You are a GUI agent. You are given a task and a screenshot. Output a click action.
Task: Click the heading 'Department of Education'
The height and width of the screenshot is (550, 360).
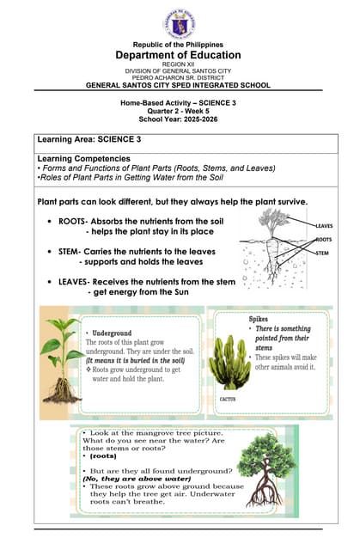click(x=179, y=55)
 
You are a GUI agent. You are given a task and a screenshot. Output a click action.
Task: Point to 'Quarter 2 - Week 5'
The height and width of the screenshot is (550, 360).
click(x=179, y=111)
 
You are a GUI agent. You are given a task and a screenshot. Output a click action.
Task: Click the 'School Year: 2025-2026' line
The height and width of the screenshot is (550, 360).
click(x=179, y=119)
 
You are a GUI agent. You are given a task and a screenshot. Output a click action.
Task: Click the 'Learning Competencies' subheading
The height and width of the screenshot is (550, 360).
click(x=84, y=159)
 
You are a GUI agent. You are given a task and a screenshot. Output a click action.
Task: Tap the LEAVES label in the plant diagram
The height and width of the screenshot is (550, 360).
click(x=324, y=226)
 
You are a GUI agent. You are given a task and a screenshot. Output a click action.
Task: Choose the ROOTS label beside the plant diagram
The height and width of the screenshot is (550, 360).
click(x=324, y=240)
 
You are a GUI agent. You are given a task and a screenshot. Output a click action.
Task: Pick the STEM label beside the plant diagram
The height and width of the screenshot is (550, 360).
click(x=322, y=254)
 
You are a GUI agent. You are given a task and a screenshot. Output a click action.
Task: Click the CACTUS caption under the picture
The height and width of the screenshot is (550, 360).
click(x=228, y=400)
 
